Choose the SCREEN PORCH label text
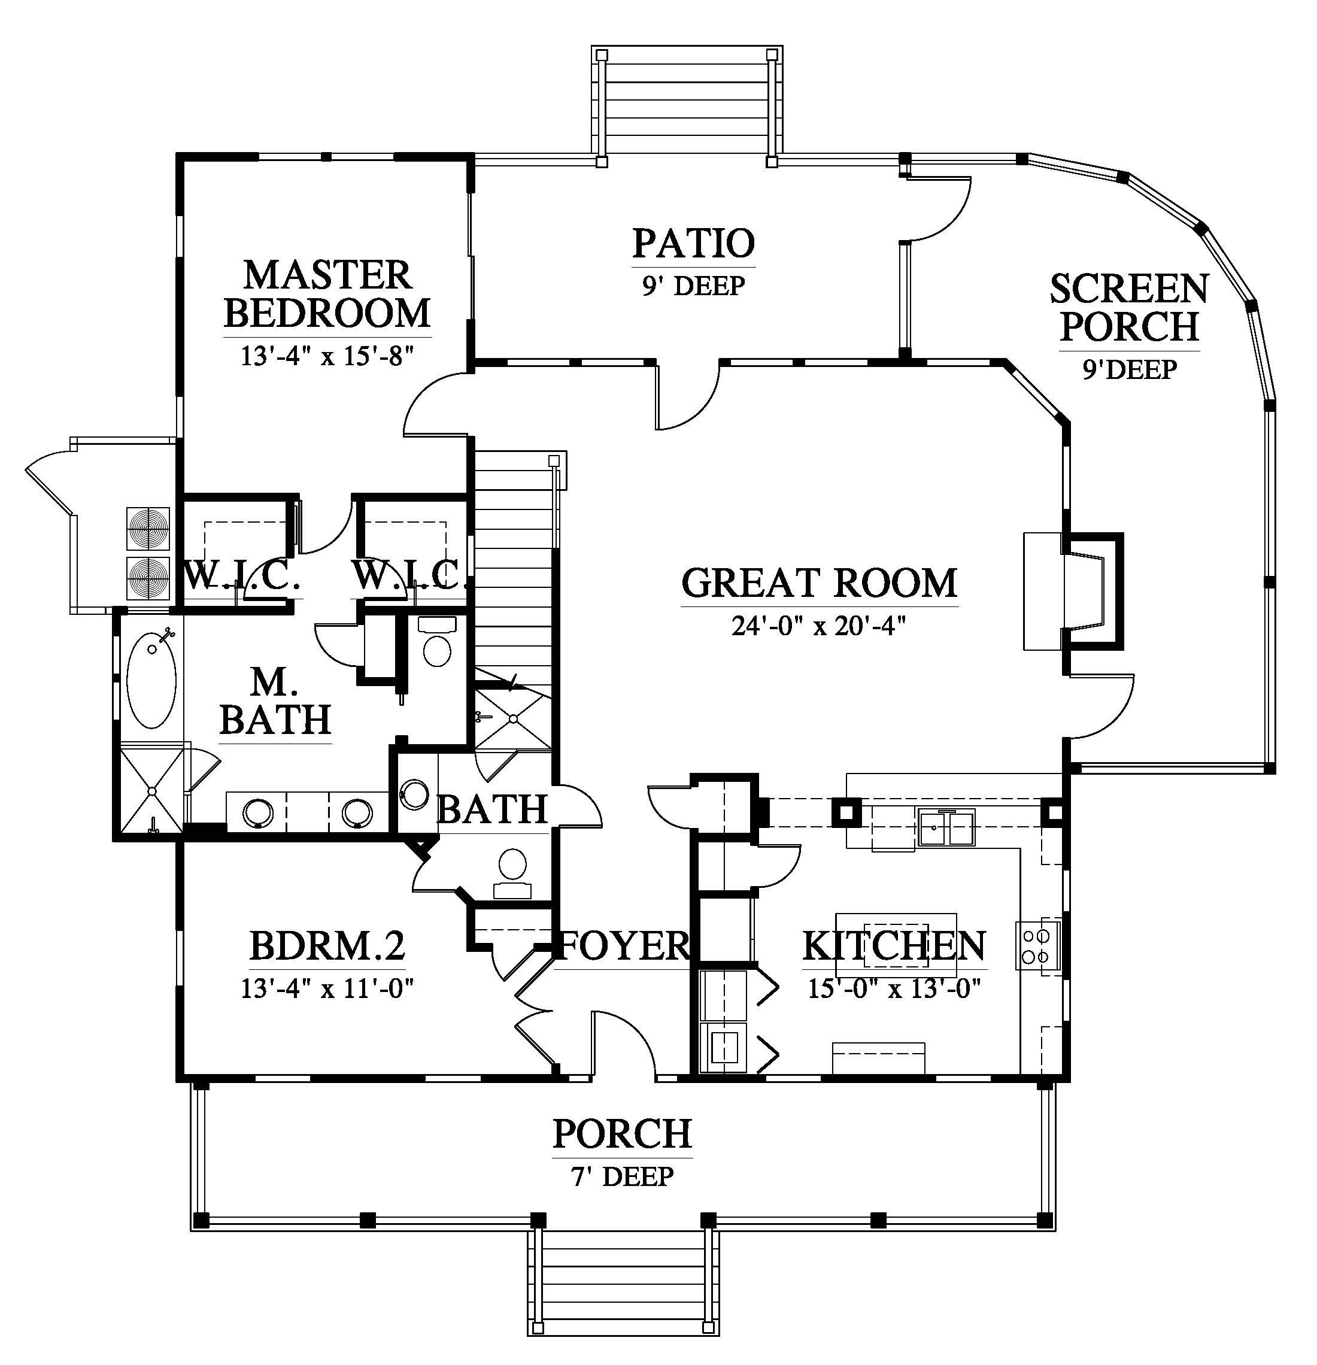coord(1130,308)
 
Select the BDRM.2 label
coord(327,946)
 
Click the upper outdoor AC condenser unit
coord(148,527)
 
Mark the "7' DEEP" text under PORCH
coord(623,1177)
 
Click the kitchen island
coord(896,946)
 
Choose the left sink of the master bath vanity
coord(257,811)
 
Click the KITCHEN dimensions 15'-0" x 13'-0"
coord(894,988)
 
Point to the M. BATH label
coord(275,701)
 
